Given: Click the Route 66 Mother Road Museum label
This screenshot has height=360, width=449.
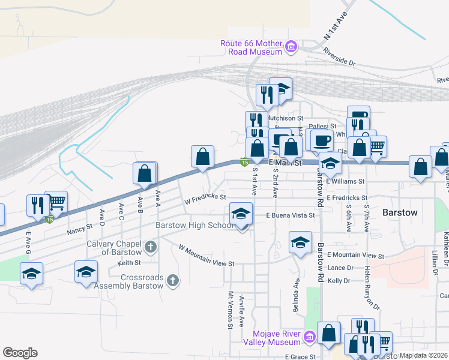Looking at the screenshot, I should click(x=251, y=47).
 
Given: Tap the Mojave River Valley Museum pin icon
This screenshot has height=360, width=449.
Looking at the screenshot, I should click(x=309, y=337).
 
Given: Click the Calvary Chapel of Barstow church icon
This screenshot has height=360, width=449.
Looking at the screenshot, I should click(x=150, y=246).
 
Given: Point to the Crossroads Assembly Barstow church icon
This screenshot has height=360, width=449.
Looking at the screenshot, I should click(x=173, y=280).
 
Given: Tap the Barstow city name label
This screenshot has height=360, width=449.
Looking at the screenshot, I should click(x=400, y=212).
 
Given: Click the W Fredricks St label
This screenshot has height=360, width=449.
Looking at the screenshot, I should click(x=205, y=197).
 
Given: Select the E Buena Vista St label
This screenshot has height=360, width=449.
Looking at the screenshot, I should click(x=291, y=215).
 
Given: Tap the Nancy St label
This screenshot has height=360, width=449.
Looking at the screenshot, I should click(x=80, y=228).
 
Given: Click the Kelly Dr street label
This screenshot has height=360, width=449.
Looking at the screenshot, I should click(x=339, y=280).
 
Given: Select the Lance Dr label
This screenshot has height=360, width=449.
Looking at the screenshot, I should click(x=340, y=268).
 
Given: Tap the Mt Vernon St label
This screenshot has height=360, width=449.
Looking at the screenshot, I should click(x=230, y=310).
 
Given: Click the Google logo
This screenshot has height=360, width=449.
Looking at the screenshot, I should click(x=20, y=353).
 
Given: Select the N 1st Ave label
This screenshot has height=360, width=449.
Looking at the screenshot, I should click(x=335, y=28).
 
